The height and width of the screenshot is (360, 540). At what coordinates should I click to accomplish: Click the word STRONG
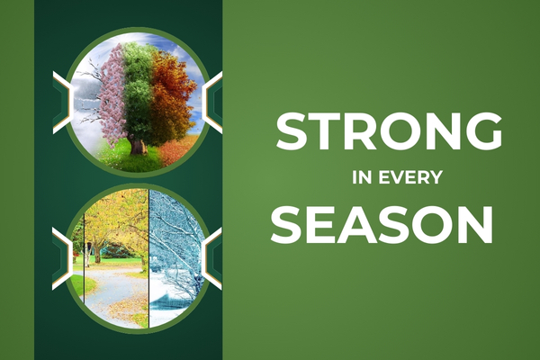389,132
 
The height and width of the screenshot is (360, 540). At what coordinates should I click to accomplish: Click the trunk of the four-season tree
138,142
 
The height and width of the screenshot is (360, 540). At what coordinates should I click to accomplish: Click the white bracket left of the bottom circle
61,257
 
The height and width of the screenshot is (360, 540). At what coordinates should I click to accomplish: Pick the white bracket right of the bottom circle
213,257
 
